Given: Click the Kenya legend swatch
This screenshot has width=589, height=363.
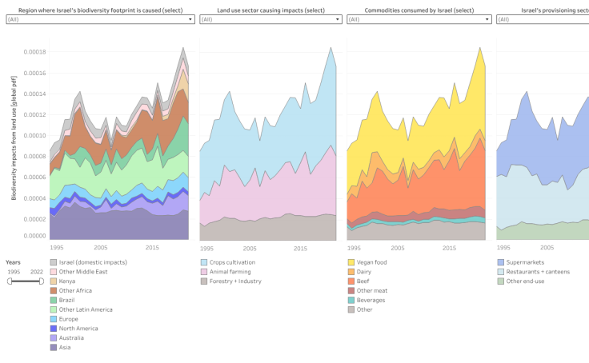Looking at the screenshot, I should pos(54,281).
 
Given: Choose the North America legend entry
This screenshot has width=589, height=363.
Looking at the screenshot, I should pos(79,328).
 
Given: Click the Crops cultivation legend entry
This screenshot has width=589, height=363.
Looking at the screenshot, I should pos(232,262).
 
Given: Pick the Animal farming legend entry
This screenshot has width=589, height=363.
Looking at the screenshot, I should pos(229,272).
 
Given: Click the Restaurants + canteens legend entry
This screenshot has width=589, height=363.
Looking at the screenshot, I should pos(540,272).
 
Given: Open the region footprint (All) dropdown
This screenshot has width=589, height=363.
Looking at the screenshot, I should pos(100,19).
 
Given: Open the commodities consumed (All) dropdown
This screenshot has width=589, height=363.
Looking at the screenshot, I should pos(419,19).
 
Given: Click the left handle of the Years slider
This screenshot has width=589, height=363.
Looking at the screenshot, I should pos(10,281).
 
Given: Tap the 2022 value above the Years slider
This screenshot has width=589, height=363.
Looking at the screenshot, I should pos(37,272).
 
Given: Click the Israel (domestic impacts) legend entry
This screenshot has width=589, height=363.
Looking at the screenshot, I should pos(88,262).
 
